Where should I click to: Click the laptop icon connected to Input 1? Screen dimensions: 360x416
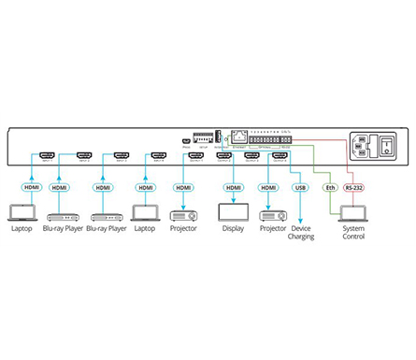coord(20,212)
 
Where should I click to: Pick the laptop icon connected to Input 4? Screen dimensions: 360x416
coord(143,212)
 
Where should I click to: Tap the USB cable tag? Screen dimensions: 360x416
coord(299,187)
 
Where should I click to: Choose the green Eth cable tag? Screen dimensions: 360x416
coord(328,187)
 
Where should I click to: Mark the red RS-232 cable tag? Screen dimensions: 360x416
coord(354,187)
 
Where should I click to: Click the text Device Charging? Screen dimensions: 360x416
coord(301,232)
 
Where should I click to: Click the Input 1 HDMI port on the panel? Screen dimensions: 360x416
coord(47,155)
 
